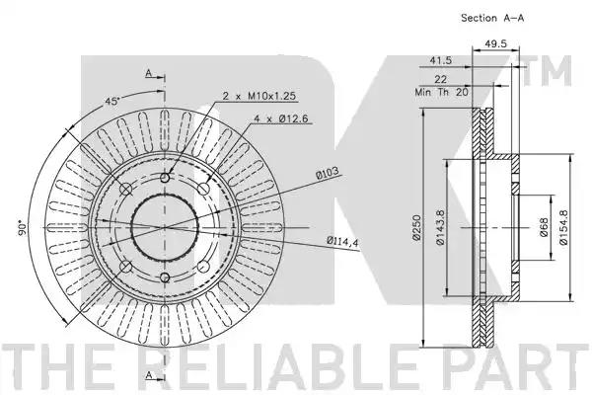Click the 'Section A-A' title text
coord(492,18)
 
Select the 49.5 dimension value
coord(495,43)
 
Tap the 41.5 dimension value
coord(441,60)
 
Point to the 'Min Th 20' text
coord(441,92)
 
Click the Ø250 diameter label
coord(416,227)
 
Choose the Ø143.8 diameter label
coord(440,227)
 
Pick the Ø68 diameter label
coord(544,227)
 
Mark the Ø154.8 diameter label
coord(564,227)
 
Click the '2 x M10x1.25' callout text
coord(259,96)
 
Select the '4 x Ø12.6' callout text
coord(281,118)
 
